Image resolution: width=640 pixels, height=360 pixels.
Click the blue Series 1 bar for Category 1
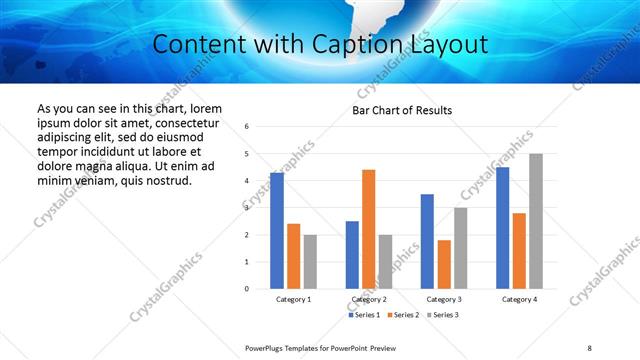coord(277,231)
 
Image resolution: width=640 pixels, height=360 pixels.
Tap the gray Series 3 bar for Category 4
coord(536,221)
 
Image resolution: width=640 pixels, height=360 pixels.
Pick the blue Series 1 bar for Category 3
coord(427,241)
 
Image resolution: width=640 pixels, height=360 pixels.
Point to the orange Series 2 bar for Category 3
coord(444,264)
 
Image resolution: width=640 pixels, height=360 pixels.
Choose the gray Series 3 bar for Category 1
coord(310,262)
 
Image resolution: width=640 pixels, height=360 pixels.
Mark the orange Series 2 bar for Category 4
coord(519,251)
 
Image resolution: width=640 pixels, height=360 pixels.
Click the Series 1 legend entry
coord(365,315)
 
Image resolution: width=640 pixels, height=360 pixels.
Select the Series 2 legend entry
coord(402,315)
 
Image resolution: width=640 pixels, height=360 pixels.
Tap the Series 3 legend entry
coord(441,315)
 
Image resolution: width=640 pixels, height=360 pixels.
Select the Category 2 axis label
coord(368,299)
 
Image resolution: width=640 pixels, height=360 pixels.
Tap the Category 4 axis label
coord(519,299)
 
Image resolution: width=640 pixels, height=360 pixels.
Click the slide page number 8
coord(589,347)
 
